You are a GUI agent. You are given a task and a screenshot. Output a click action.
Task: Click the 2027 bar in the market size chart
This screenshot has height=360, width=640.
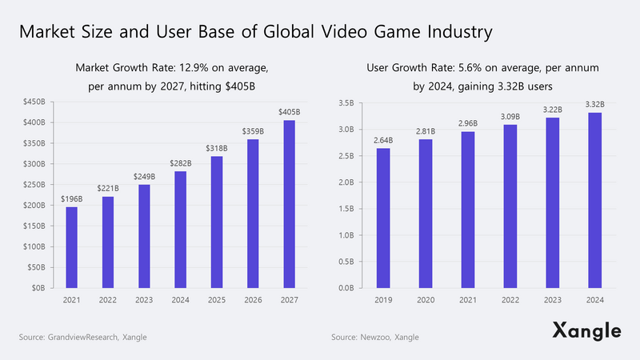coord(288,204)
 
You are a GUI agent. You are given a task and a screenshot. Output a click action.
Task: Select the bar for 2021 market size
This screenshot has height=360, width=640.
coord(71,247)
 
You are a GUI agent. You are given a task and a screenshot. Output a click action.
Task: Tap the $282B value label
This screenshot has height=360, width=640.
coord(180,163)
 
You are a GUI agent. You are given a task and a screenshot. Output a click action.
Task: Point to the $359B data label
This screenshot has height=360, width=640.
coord(252,131)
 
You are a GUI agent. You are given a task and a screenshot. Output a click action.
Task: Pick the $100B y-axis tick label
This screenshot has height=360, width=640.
coord(34,246)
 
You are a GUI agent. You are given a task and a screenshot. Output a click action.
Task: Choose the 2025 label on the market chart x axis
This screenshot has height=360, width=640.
coord(216,301)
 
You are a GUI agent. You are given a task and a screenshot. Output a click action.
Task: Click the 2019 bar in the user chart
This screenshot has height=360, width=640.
coord(383,218)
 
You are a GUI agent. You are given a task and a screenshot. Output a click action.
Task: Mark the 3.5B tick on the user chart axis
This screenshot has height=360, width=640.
coord(346,103)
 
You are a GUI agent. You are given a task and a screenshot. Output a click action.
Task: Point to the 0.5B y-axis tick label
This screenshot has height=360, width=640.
coord(346,262)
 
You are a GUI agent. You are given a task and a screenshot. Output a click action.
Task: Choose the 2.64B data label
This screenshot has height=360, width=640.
coord(383,140)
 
